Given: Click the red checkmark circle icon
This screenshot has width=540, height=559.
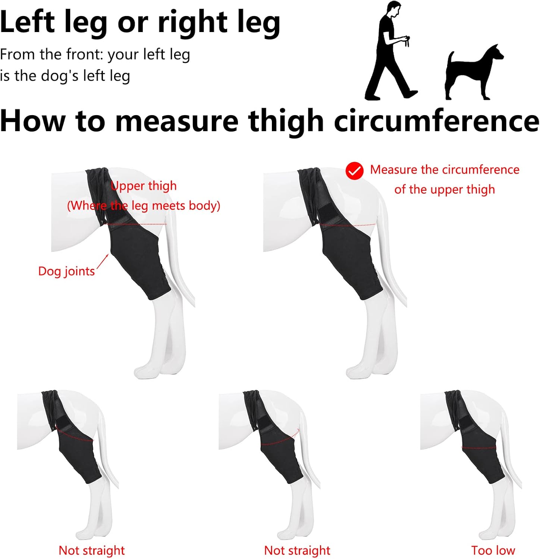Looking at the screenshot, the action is pos(354,171).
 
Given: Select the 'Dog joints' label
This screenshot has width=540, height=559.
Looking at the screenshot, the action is pos(67,271).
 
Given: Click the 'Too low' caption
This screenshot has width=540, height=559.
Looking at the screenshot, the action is pos(493,550).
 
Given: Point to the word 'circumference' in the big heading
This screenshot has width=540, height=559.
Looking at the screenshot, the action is pos(437,121).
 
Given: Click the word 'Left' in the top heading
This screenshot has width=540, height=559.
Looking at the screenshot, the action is pos(28,22).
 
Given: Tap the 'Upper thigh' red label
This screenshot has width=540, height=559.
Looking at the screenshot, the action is pos(144,186).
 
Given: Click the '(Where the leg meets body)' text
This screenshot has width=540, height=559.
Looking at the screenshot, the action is pos(144,206).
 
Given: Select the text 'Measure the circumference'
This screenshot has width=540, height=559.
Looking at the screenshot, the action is pos(445,170).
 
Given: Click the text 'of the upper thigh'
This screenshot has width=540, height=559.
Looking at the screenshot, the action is pos(445,189).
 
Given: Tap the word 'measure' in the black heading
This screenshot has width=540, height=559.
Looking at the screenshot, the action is pos(177,121).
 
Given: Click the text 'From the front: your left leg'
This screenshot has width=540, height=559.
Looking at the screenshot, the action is pos(95,55).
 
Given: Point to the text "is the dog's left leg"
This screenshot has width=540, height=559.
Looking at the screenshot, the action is pos(65,76).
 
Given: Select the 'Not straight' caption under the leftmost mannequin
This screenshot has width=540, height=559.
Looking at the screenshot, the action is pos(92,550).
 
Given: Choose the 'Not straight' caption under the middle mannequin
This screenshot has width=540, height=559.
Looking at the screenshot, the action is pos(297,550).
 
